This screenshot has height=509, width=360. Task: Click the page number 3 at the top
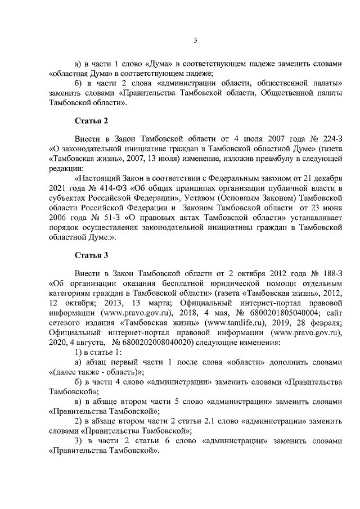click(x=195, y=39)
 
